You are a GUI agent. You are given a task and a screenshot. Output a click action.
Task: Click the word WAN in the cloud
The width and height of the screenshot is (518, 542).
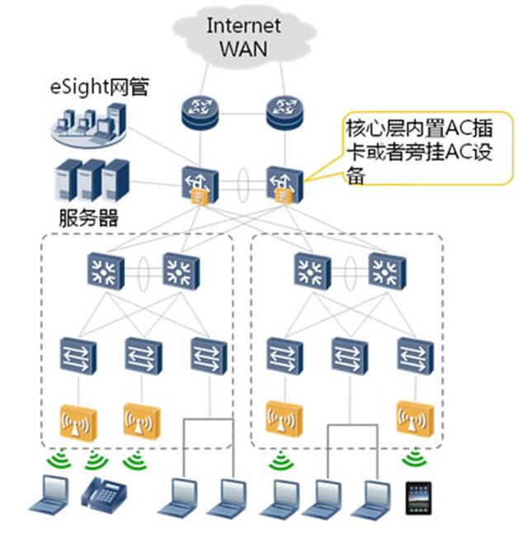[243, 47]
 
